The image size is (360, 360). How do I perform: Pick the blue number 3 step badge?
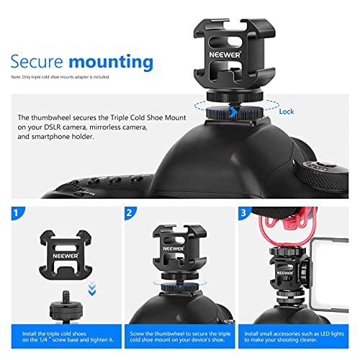click(246, 214)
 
